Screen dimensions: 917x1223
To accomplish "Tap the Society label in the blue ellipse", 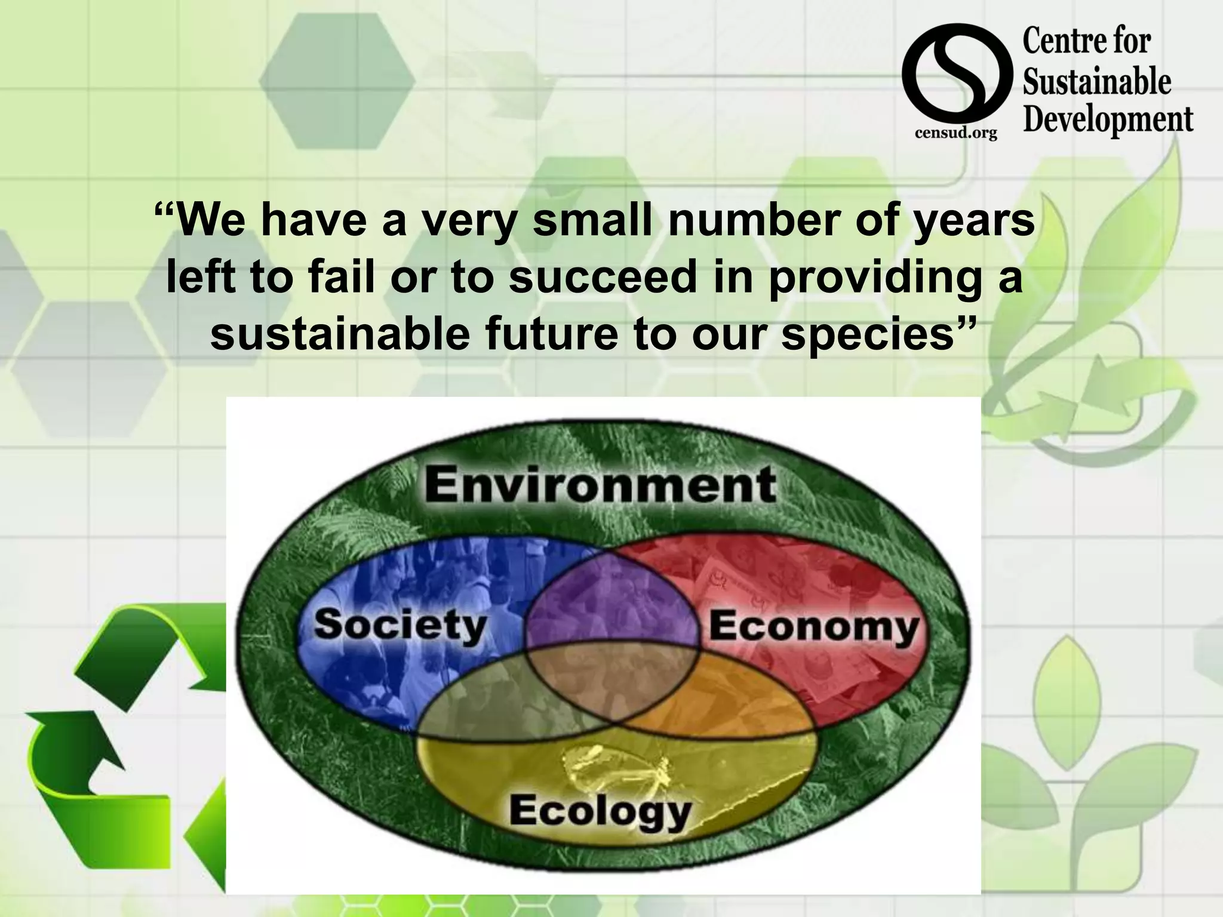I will (401, 624).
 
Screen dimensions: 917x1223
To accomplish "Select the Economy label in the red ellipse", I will (814, 627).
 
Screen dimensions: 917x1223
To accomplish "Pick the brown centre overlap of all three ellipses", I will (612, 681).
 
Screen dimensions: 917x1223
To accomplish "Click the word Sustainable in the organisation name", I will (1097, 81).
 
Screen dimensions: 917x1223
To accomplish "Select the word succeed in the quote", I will (603, 278).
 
